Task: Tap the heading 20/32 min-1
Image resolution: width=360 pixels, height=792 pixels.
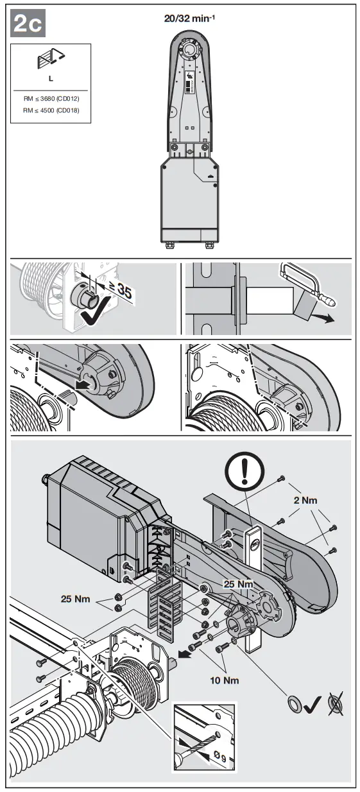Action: coord(189,18)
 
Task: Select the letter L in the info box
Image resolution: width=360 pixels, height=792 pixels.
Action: coord(51,79)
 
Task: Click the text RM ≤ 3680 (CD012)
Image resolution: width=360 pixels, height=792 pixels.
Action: coord(51,99)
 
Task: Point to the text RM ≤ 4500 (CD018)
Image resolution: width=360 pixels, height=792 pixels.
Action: coord(51,110)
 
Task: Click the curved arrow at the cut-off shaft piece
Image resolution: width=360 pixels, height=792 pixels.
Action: coord(323,318)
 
